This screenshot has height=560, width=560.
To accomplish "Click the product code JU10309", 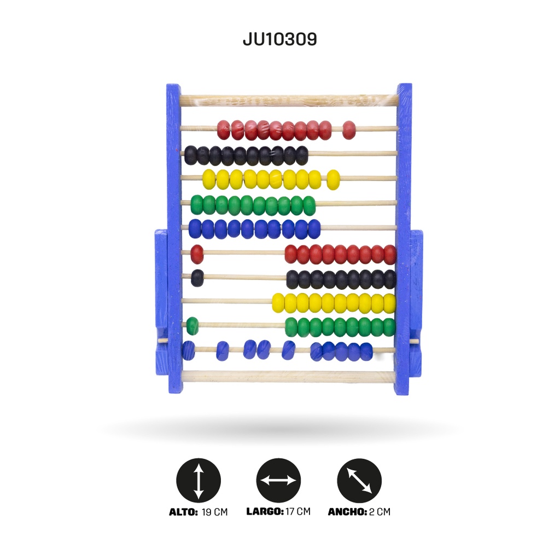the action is (279, 39).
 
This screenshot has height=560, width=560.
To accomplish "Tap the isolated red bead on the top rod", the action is (349, 130).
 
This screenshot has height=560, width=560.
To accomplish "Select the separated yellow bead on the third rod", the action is (333, 179).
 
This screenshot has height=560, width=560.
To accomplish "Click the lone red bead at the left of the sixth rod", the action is (197, 254).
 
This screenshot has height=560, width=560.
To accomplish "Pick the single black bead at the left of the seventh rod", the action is (197, 278).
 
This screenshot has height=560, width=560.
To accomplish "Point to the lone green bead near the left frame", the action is (192, 326).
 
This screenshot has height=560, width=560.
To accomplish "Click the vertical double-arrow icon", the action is (199, 480).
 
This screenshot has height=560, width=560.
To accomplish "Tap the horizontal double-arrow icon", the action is (278, 480).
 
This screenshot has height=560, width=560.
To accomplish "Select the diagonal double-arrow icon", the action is (359, 480).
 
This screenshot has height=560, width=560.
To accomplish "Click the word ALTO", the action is (183, 512).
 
